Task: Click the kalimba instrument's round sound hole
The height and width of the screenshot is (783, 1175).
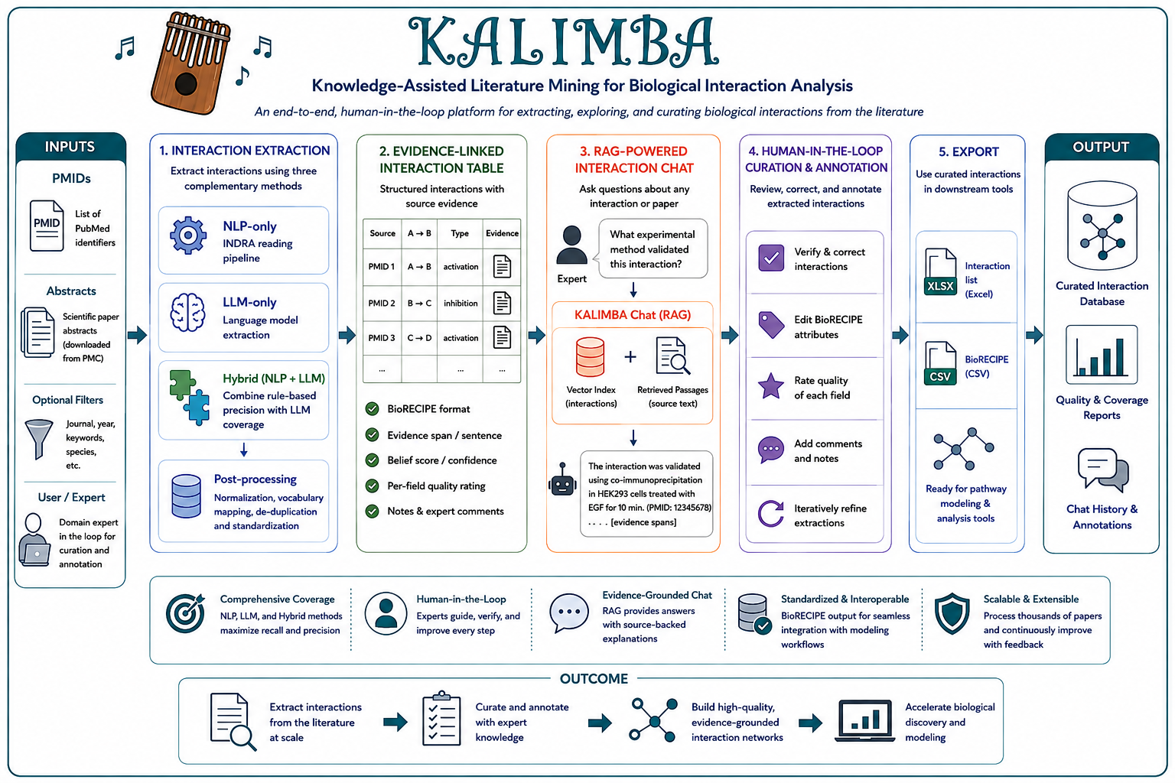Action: [x=186, y=83]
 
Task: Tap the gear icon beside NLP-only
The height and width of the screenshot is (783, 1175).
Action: [x=187, y=236]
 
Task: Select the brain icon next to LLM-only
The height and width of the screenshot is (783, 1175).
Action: [x=187, y=312]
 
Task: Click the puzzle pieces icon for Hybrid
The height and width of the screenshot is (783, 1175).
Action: [x=190, y=397]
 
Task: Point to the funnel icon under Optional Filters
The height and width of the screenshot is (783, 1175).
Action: [x=39, y=439]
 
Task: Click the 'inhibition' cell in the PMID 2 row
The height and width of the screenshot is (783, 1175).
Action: [x=461, y=303]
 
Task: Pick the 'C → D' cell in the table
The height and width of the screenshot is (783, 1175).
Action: [x=419, y=338]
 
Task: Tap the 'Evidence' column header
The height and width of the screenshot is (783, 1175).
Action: [x=502, y=233]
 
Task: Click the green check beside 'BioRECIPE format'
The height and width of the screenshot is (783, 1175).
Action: [x=373, y=409]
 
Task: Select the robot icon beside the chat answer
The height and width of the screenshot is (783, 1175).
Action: [x=562, y=479]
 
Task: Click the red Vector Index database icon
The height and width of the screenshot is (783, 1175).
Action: [x=590, y=358]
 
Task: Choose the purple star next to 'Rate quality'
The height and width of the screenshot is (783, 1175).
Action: [x=771, y=386]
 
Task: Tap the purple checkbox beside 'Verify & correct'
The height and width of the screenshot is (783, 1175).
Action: [x=771, y=258]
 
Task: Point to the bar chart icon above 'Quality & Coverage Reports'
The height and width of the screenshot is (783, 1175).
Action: [x=1102, y=355]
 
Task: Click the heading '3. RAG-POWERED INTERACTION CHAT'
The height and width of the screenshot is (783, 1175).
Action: [x=633, y=160]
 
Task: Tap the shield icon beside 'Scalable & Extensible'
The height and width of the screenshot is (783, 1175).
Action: [x=952, y=613]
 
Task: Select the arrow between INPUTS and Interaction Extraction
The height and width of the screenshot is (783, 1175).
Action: [x=138, y=335]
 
